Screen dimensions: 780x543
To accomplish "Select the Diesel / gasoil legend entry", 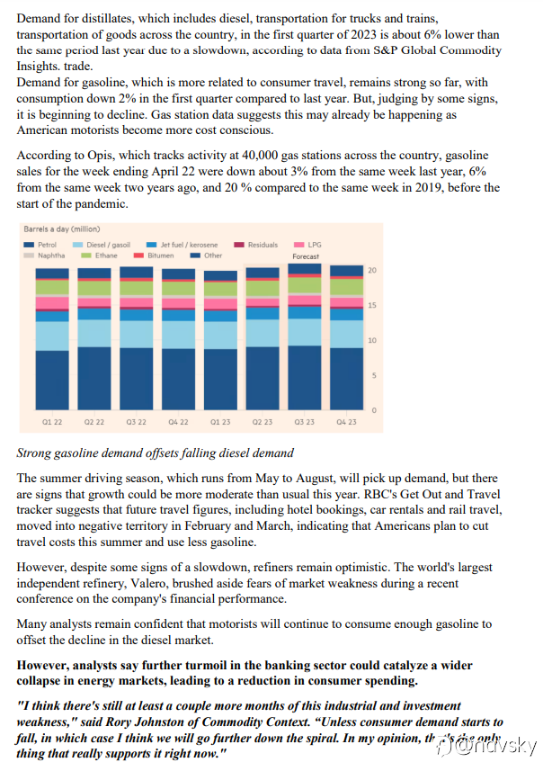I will point(110,245).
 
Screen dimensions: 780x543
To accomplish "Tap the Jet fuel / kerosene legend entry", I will point(189,245).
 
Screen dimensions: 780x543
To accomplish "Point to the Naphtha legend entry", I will point(43,256).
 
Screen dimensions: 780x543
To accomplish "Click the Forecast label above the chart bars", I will point(306,256).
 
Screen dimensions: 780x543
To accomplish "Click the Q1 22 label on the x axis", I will point(52,421).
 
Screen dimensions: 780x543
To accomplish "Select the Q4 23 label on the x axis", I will point(346,421).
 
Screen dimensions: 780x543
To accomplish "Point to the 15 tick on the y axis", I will point(373,305).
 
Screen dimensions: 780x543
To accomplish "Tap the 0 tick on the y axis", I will point(373,410).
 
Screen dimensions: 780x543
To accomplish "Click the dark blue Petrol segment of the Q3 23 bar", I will point(305,378).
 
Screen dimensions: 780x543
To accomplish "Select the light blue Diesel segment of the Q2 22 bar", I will point(94,334).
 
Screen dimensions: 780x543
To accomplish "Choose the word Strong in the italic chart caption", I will point(37,453).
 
